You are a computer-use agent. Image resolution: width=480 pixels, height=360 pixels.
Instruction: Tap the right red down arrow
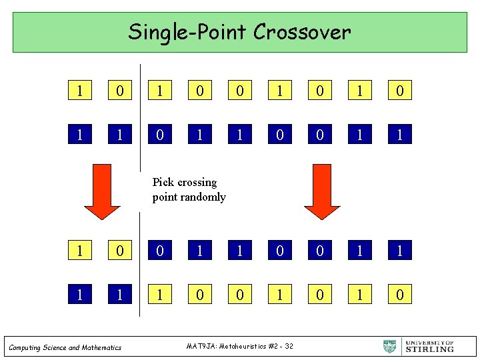[323, 191]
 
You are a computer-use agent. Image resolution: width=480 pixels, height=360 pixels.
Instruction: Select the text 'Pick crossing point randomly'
[189, 189]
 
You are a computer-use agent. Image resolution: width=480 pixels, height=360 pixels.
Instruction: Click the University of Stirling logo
[419, 346]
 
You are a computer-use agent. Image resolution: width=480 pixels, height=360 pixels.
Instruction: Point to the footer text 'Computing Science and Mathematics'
[65, 347]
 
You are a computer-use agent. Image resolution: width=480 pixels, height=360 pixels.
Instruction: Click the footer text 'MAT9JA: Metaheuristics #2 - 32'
[240, 345]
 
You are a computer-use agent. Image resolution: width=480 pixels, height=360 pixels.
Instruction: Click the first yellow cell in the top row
[80, 89]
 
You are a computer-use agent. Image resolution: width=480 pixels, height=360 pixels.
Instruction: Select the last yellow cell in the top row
[399, 89]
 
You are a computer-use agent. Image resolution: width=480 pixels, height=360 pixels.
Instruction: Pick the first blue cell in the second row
[80, 135]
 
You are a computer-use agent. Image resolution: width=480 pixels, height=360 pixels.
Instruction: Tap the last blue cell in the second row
[399, 135]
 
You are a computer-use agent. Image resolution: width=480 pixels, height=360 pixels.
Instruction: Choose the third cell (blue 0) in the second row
[160, 135]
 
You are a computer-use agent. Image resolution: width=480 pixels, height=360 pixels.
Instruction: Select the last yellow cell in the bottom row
[399, 293]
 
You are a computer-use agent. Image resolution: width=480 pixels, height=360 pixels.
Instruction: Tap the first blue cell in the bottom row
[80, 293]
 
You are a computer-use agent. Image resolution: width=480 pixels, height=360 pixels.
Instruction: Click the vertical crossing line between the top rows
[140, 113]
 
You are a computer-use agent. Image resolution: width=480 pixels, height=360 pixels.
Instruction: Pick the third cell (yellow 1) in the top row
[160, 89]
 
